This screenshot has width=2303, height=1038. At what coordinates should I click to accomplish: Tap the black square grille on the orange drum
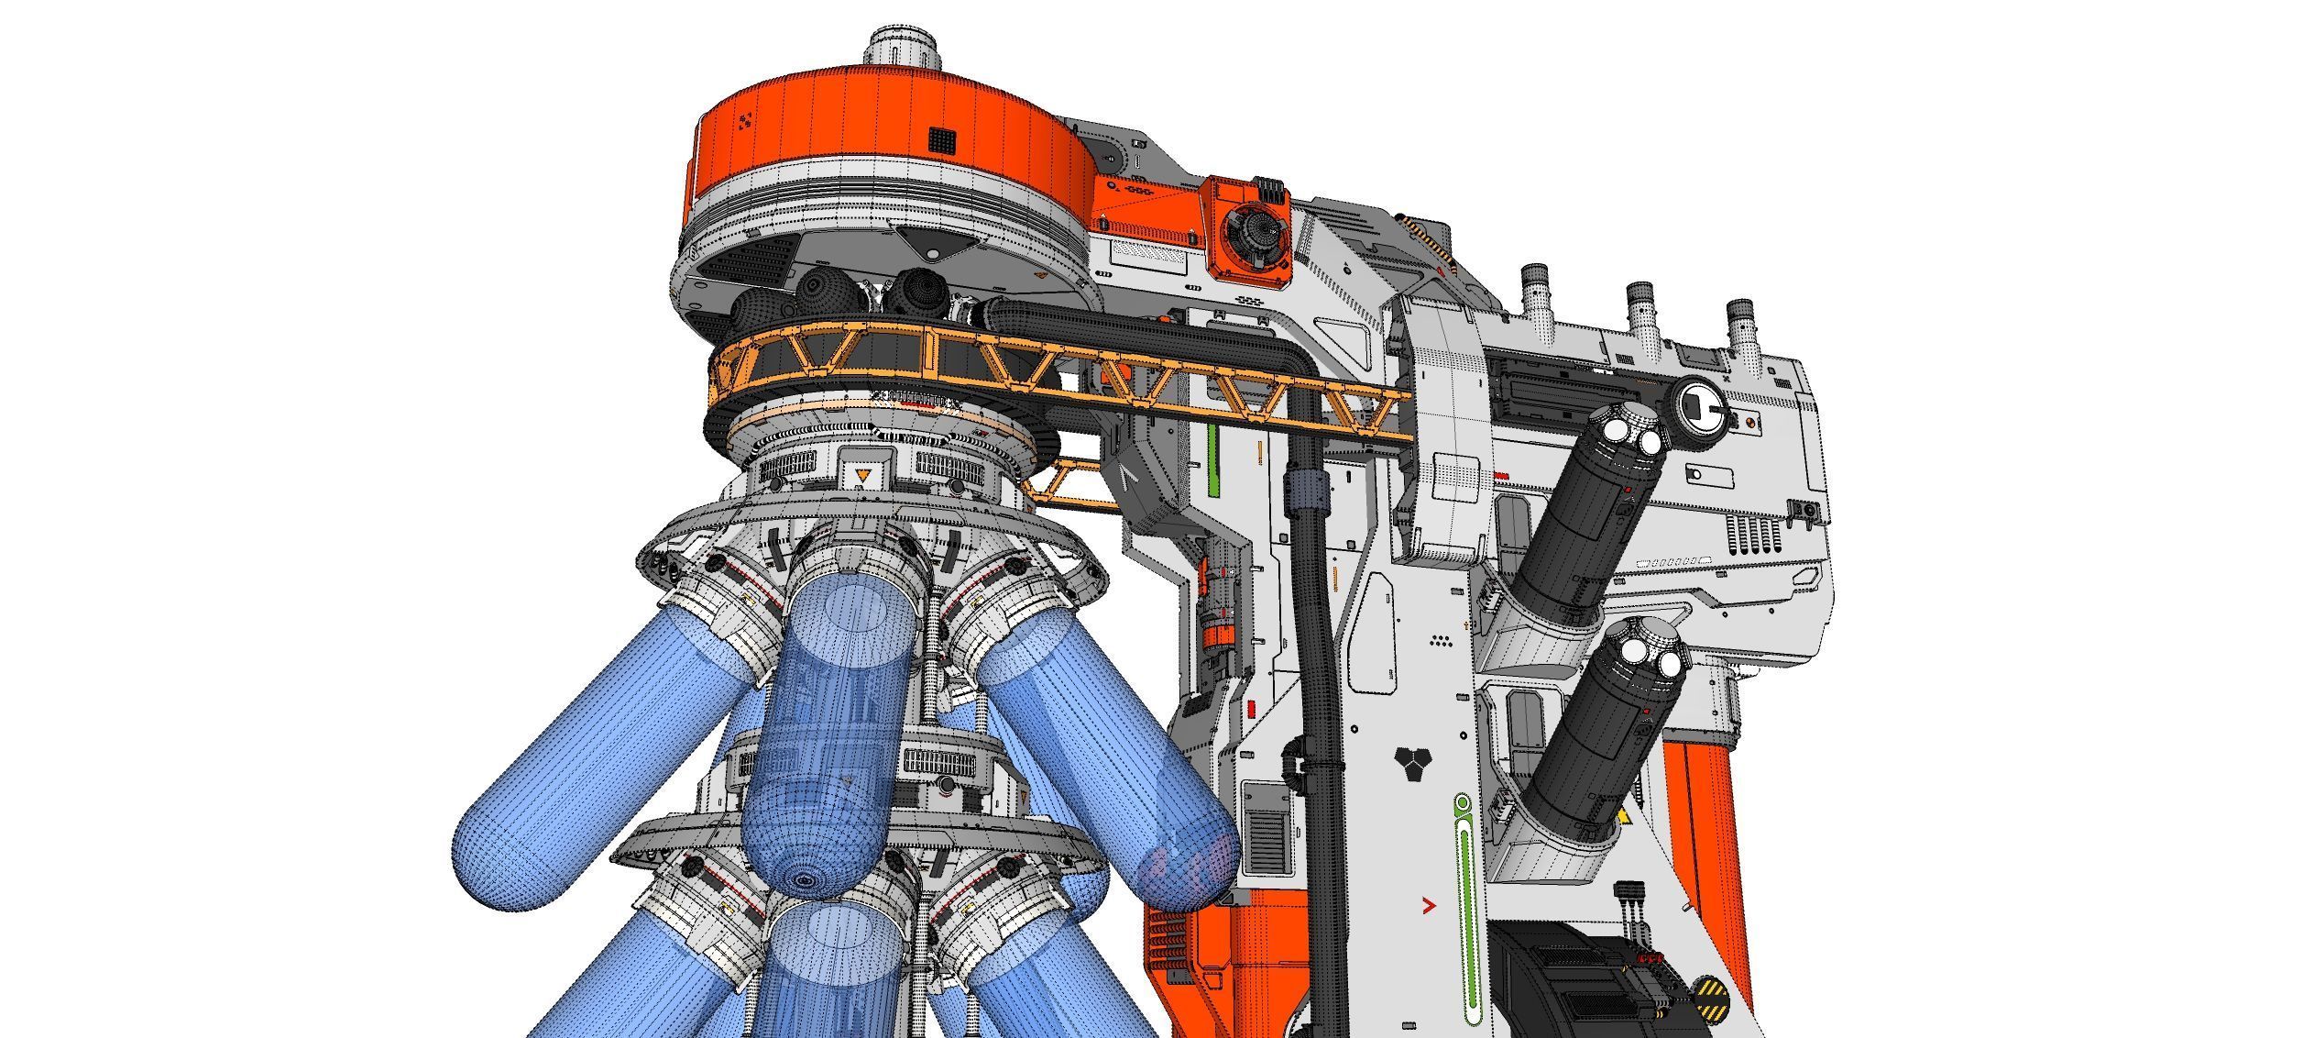tap(942, 141)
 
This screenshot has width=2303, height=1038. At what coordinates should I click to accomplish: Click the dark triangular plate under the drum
tap(931, 246)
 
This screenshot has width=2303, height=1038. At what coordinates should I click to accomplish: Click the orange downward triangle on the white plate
tap(861, 474)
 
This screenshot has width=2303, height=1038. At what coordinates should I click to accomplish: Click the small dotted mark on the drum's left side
tap(745, 146)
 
